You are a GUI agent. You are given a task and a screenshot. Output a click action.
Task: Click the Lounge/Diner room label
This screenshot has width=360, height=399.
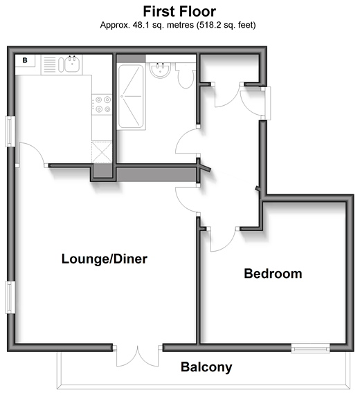click(105, 259)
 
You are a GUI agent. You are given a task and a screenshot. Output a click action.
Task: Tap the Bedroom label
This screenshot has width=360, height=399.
click(273, 274)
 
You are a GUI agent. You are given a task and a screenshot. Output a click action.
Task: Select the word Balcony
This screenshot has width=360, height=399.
click(206, 367)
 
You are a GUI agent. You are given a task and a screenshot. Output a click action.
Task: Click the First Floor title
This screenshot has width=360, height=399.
click(179, 12)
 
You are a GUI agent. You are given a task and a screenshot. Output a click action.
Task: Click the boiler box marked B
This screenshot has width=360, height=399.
click(25, 61)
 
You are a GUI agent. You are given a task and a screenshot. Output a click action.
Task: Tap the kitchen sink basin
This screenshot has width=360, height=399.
click(73, 64)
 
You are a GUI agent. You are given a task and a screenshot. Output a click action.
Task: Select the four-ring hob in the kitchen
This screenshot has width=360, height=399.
click(102, 104)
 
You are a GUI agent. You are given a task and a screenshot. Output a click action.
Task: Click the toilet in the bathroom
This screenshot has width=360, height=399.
click(186, 75)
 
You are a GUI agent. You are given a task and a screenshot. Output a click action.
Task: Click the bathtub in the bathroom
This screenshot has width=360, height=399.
click(132, 97)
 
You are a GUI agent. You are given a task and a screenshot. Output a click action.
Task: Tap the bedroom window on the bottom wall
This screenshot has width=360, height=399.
click(310, 348)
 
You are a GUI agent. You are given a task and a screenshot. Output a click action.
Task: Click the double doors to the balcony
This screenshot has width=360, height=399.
click(138, 356)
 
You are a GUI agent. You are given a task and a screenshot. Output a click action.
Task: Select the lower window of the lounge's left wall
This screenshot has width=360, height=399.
click(10, 297)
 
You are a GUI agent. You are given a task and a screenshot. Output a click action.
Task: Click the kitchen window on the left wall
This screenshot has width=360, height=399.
click(10, 131)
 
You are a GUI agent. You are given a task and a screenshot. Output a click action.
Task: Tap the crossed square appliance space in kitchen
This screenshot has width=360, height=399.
click(102, 152)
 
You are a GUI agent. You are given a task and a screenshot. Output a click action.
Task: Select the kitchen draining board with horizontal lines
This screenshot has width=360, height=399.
click(49, 65)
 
